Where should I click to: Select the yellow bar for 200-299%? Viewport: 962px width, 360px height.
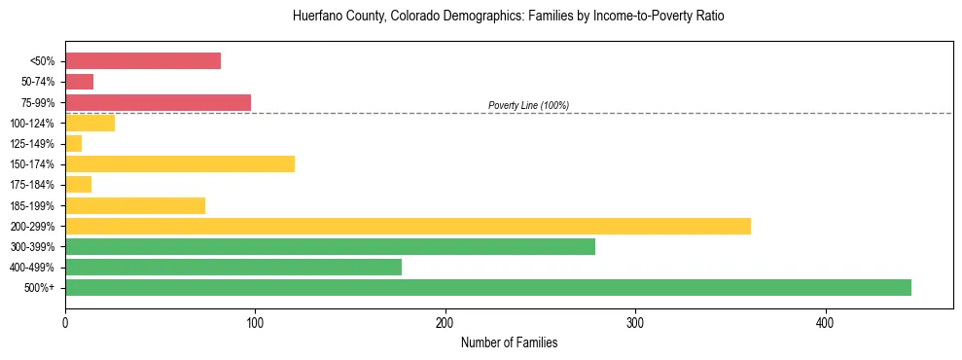408,227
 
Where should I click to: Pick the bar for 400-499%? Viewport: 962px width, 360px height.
233,268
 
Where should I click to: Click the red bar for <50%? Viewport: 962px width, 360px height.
143,61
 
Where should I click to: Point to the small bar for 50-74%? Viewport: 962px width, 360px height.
79,82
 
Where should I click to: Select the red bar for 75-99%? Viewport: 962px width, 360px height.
158,102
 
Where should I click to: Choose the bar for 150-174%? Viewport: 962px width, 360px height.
180,164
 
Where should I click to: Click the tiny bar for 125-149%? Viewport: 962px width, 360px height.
73,144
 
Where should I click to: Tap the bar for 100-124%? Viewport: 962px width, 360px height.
89,123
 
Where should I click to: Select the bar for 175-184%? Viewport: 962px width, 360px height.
78,185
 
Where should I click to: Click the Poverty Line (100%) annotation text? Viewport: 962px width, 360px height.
528,105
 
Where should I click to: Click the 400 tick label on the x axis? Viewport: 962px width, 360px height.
825,323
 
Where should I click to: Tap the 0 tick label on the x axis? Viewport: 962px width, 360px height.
65,323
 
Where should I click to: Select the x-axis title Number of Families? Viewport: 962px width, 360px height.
509,342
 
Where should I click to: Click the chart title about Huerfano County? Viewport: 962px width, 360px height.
509,17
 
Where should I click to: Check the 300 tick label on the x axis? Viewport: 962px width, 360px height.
635,323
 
